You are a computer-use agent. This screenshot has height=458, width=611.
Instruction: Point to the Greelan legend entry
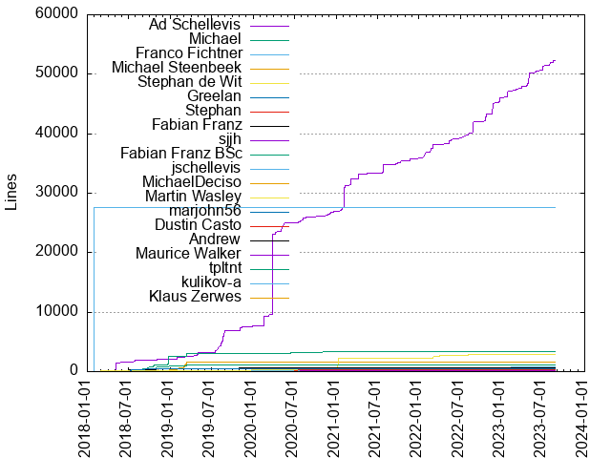pos(214,96)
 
